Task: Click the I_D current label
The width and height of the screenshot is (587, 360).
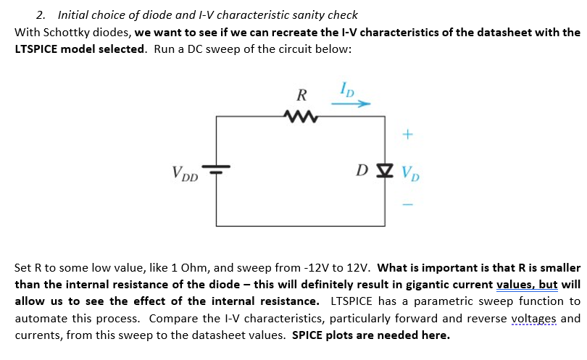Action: point(347,90)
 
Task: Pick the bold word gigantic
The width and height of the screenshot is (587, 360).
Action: point(423,284)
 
